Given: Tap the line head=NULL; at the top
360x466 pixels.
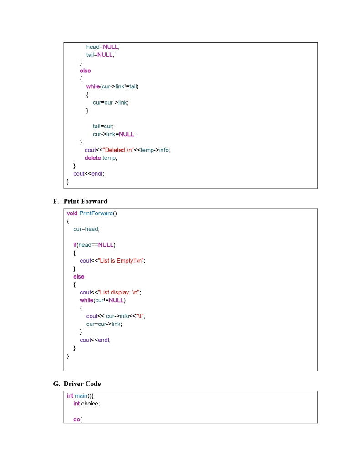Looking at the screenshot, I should point(103,46).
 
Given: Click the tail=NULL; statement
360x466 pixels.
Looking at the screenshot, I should point(100,55).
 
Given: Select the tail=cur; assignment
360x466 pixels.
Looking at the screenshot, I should point(103,126).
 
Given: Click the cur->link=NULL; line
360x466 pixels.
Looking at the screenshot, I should point(114,134).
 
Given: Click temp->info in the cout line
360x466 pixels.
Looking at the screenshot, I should point(155,150).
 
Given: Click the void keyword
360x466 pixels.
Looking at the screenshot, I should point(72,213).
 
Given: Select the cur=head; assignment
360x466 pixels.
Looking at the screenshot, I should point(86,229).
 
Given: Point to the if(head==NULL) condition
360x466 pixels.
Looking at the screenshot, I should point(94,245).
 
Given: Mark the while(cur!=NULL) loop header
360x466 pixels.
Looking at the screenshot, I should point(102,300).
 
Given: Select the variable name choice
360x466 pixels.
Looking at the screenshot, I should point(90,404).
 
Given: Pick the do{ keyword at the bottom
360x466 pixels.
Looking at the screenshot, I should point(78,419).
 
